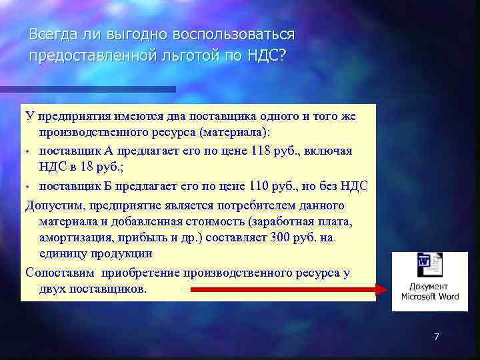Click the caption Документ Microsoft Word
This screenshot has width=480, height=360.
429,291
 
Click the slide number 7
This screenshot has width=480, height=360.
436,337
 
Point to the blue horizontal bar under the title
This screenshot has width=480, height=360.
93,89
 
